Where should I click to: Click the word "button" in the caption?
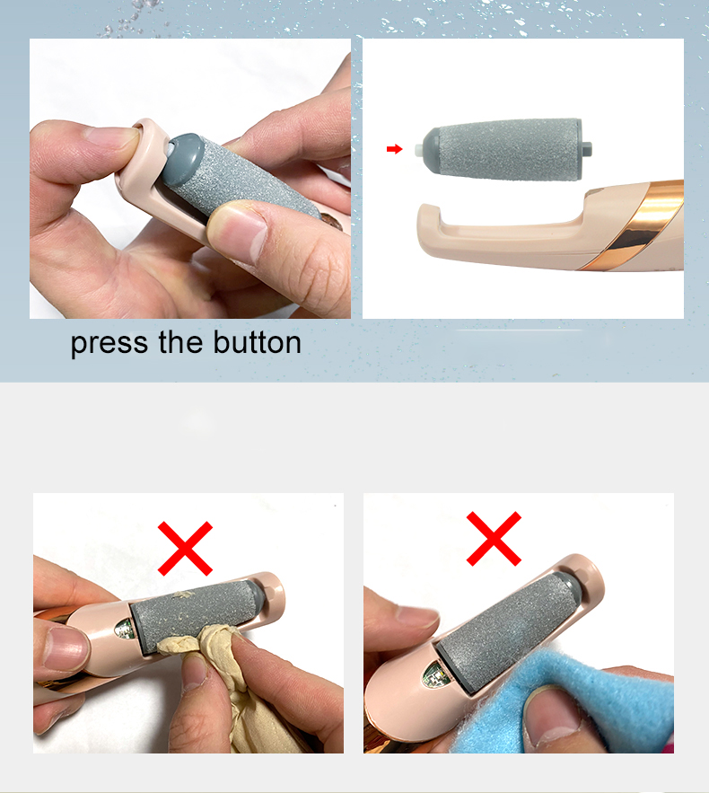pos(257,342)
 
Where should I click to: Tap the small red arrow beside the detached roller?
pos(394,149)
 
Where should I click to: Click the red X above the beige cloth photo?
pos(186,548)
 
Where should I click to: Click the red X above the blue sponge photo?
pos(494,539)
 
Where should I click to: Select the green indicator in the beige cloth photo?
pos(125,628)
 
